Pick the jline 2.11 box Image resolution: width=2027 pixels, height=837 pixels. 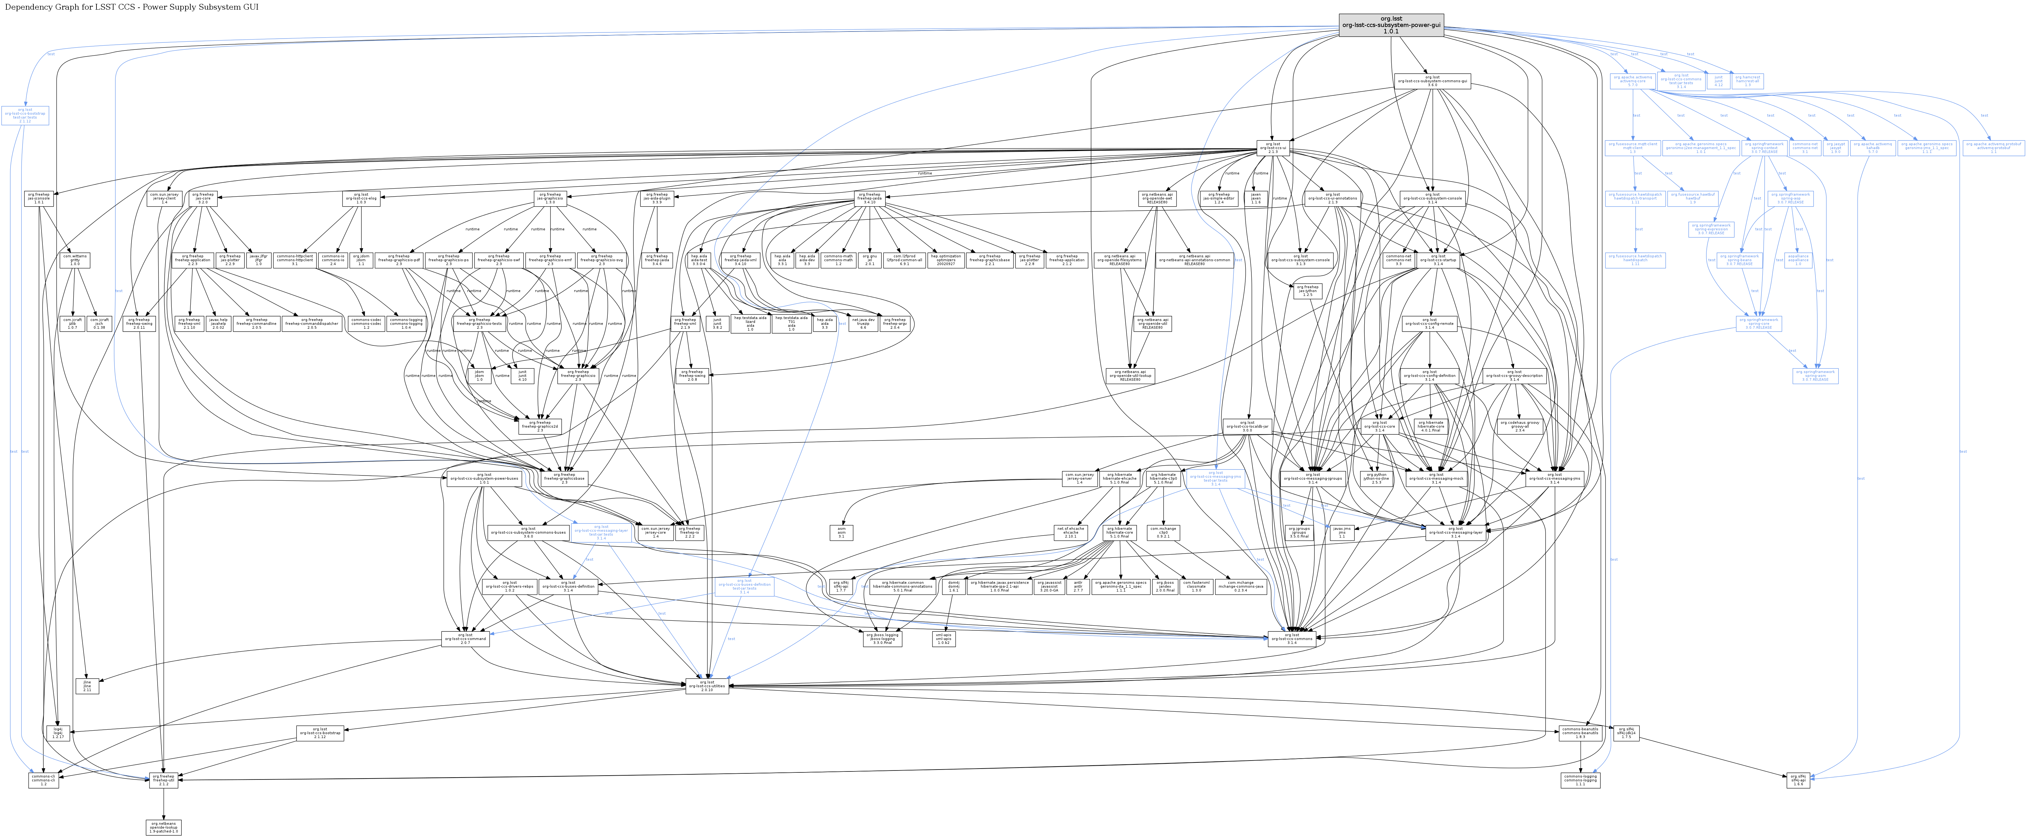click(87, 687)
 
